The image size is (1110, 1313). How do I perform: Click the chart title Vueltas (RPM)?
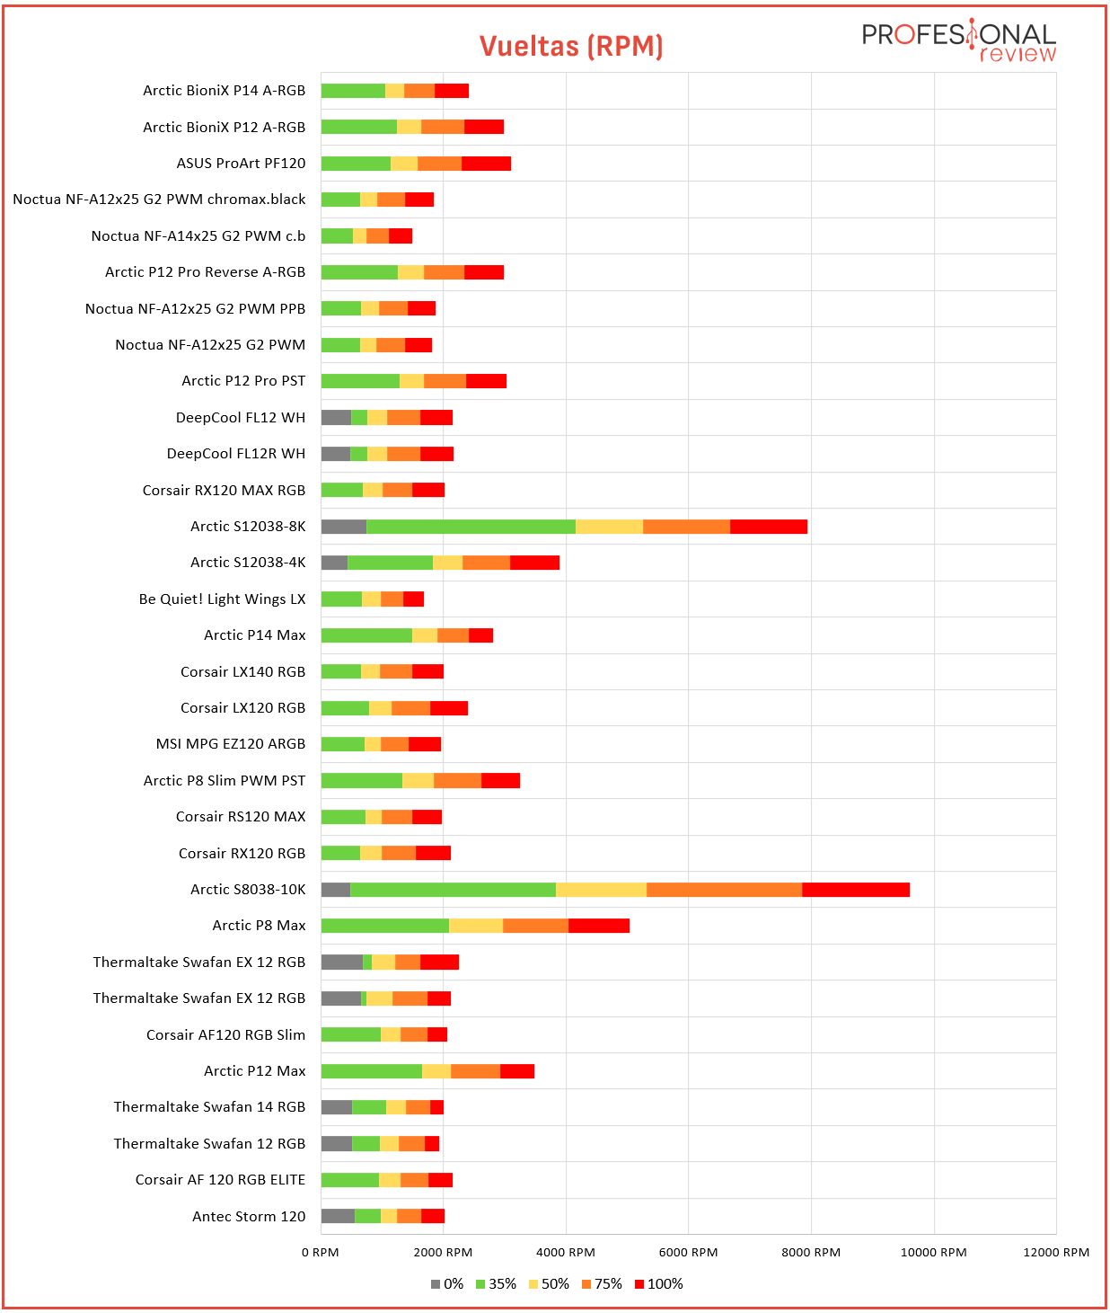point(570,47)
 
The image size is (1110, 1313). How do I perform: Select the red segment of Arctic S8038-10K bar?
point(856,890)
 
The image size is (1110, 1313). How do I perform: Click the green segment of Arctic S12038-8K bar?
point(471,526)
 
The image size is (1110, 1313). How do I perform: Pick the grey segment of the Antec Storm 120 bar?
point(338,1216)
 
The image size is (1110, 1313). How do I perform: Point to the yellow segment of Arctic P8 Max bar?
point(476,926)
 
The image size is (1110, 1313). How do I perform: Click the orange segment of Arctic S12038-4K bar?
point(486,563)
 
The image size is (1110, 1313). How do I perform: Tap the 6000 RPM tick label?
point(688,1252)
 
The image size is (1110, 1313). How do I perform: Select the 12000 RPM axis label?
point(1056,1252)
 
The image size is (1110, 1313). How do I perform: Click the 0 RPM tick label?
point(321,1252)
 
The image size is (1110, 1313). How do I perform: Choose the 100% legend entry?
point(659,1283)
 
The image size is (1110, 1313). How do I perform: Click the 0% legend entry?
point(447,1283)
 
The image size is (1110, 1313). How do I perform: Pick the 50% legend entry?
point(549,1283)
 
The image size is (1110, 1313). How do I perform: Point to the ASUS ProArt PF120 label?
point(242,164)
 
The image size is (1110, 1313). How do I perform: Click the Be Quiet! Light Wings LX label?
point(222,599)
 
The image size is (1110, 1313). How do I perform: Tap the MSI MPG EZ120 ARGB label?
point(231,744)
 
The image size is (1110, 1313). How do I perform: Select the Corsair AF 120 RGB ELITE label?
point(220,1180)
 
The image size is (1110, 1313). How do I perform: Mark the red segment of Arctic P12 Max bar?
point(517,1071)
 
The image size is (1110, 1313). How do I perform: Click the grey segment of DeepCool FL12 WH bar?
point(336,417)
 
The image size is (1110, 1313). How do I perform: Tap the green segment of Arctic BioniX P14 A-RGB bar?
point(353,91)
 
